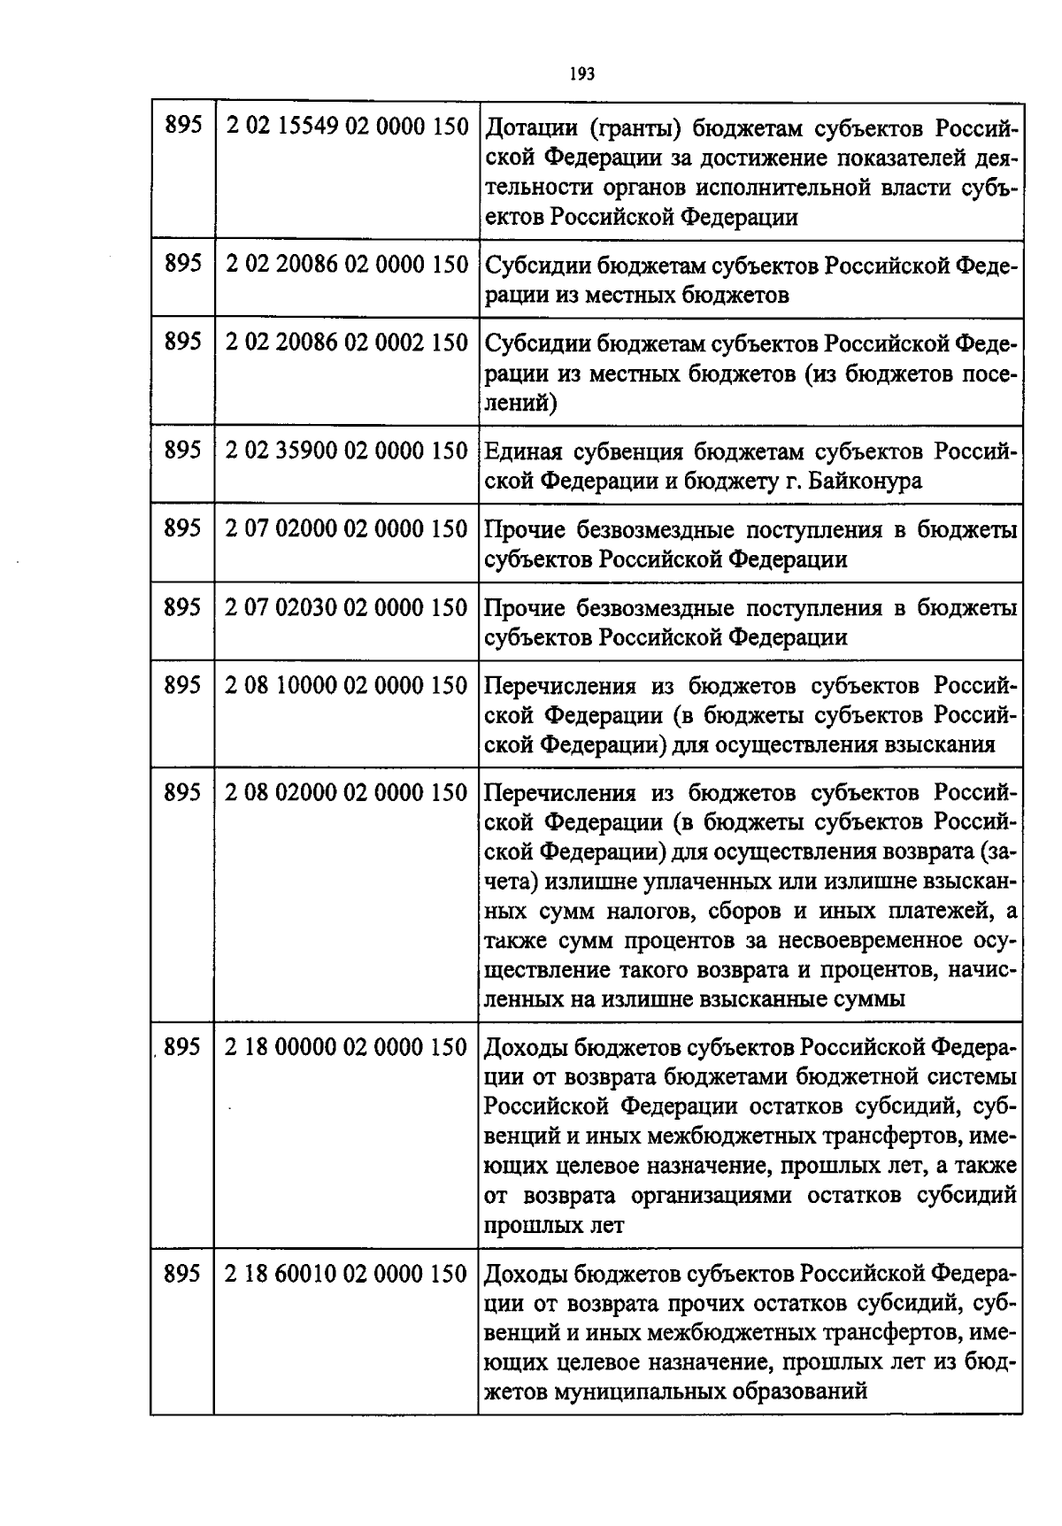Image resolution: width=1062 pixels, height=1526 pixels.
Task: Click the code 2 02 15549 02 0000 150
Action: [346, 127]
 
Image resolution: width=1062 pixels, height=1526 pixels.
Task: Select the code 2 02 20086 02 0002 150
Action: [346, 343]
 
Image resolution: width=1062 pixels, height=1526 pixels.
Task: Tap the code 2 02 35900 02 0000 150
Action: [346, 451]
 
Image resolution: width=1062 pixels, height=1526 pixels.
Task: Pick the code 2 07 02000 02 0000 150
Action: [346, 528]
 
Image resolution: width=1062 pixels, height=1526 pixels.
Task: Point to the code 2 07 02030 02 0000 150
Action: [346, 607]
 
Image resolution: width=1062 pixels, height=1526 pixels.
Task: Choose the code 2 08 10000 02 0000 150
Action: [346, 685]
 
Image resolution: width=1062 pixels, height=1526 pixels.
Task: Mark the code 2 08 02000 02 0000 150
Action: [346, 792]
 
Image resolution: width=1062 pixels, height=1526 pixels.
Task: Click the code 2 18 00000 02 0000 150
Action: [346, 1047]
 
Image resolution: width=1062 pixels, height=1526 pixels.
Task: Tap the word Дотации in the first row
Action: [531, 128]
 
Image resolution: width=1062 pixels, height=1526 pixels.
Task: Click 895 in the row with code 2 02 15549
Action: [183, 127]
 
